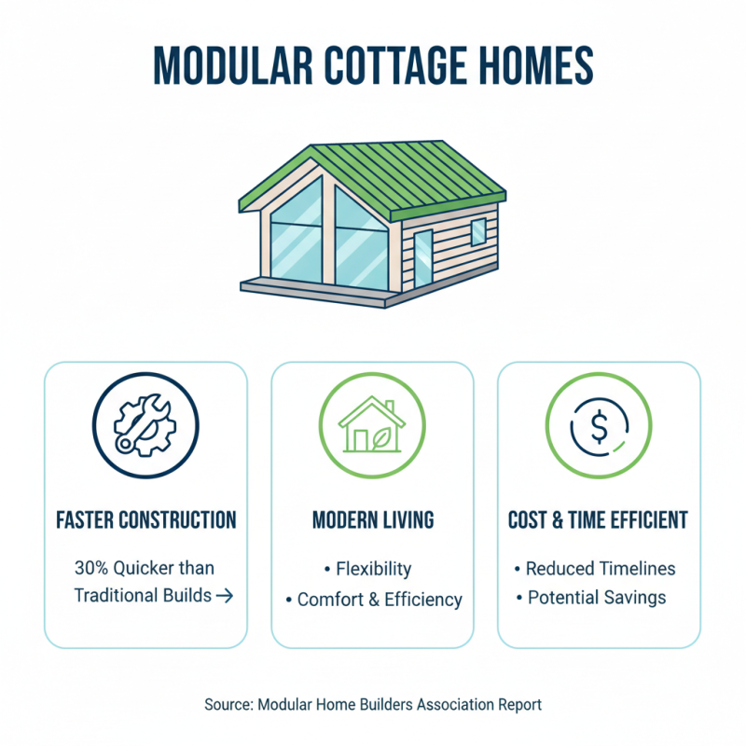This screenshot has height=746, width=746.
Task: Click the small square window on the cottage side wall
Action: (477, 231)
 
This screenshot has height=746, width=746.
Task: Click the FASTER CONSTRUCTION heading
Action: (145, 519)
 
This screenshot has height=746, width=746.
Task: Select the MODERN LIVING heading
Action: (372, 519)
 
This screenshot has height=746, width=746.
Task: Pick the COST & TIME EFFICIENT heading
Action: (598, 519)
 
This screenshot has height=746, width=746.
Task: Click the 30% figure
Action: (92, 568)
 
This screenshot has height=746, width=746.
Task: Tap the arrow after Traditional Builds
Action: (225, 596)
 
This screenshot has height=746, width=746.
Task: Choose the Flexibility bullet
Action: (373, 569)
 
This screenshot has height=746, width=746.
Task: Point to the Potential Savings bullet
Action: (597, 598)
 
